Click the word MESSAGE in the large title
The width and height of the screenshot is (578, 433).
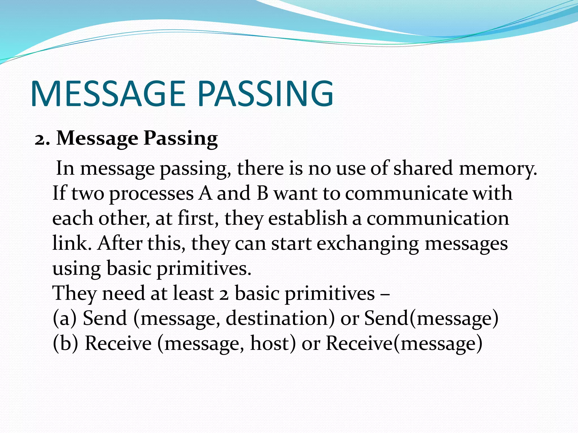(x=107, y=94)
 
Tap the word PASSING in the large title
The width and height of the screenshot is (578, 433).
(x=265, y=94)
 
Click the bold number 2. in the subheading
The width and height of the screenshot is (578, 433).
(x=42, y=139)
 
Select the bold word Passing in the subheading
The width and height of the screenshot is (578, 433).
(x=181, y=139)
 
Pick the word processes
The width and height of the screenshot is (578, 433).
(x=151, y=194)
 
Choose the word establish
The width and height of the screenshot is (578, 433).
(x=307, y=218)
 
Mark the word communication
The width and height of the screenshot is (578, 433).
(x=438, y=218)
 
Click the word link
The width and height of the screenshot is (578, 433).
(x=72, y=243)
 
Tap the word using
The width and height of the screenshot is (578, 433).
(x=76, y=269)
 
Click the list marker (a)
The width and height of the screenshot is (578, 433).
(x=65, y=318)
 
